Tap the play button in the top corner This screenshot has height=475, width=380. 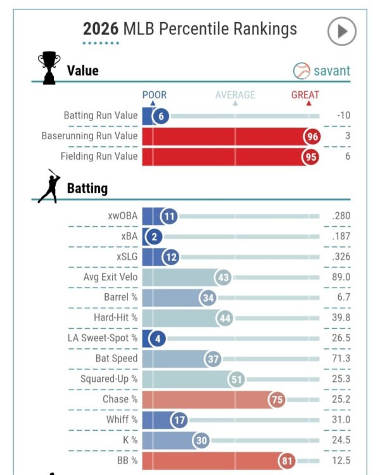(341, 31)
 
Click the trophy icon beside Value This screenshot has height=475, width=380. (49, 68)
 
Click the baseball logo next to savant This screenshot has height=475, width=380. (301, 71)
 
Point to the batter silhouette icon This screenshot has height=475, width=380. (49, 186)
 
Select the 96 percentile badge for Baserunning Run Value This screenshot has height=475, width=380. (312, 137)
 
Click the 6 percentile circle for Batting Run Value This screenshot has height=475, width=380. (161, 116)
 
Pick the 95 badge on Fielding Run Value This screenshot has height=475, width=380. (310, 157)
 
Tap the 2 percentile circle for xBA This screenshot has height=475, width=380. (155, 237)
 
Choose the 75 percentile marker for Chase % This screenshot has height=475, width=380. (277, 400)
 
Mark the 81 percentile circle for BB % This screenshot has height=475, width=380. (287, 461)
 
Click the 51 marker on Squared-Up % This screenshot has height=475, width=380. (236, 379)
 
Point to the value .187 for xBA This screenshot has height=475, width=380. (341, 236)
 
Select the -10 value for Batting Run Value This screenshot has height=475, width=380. (343, 115)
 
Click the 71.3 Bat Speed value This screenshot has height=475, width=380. (341, 358)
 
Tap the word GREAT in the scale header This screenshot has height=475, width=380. (305, 95)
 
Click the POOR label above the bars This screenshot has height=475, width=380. (155, 95)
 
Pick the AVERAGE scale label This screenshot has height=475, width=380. (235, 95)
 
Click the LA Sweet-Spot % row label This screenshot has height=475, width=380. (103, 338)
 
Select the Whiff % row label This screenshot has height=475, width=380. (122, 419)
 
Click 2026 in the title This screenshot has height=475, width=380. (101, 29)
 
